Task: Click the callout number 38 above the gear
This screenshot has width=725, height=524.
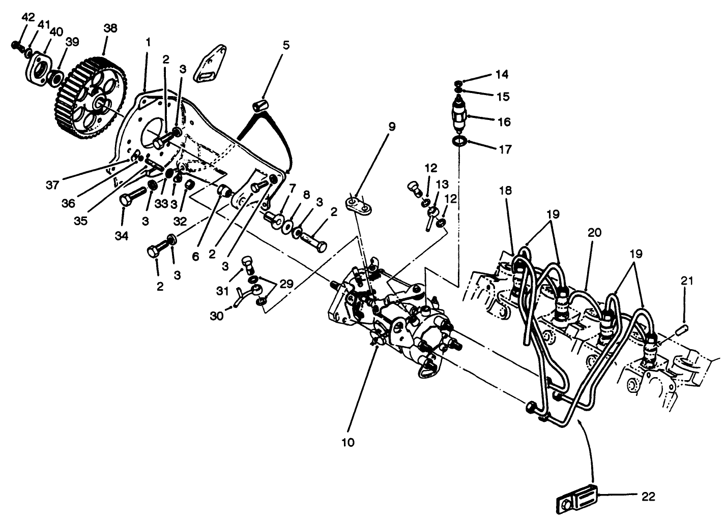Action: [110, 28]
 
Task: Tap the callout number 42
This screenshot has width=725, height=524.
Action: [28, 18]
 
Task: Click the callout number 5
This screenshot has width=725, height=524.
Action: [286, 45]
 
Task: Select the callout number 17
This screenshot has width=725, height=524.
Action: [505, 149]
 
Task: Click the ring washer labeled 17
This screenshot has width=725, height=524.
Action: [459, 141]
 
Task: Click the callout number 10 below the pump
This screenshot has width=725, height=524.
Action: [348, 442]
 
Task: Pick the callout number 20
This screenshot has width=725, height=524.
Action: [594, 233]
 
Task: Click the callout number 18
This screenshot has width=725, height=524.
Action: [505, 191]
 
